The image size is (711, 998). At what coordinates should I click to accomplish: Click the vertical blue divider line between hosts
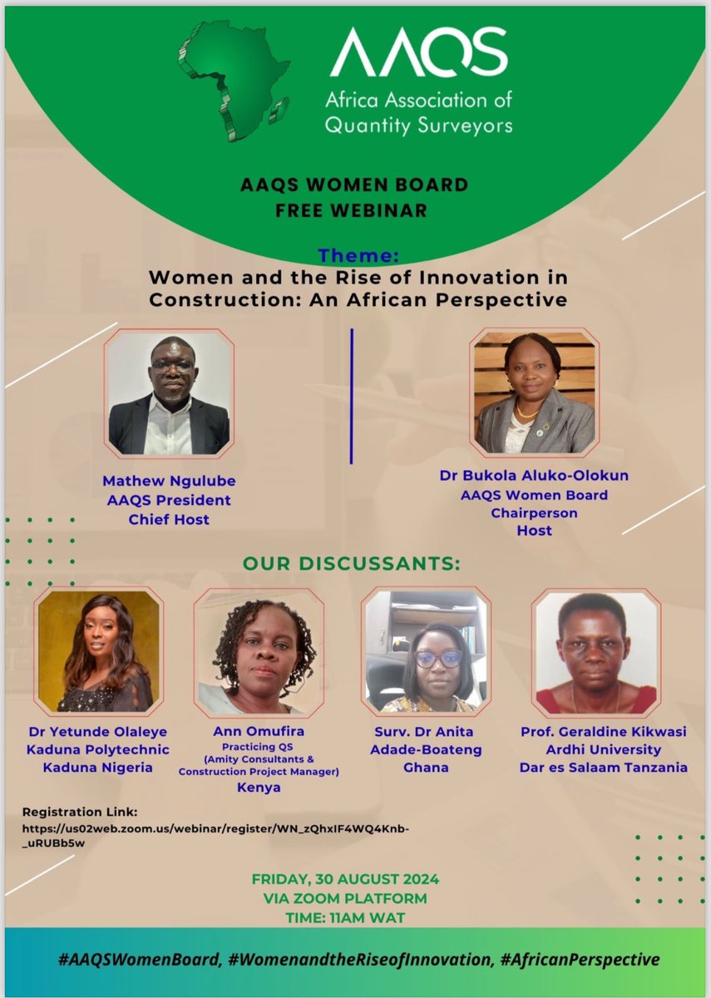[x=352, y=396]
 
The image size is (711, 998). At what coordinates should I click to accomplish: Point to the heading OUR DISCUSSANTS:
[x=351, y=564]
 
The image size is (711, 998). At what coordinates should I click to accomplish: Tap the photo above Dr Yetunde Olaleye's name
[x=99, y=651]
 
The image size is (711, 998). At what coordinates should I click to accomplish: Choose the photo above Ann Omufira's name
[x=259, y=652]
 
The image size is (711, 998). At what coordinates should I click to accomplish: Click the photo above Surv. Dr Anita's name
[x=427, y=652]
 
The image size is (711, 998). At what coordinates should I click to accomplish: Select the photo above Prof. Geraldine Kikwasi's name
[x=595, y=652]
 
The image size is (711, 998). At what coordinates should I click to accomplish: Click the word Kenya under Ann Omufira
[x=259, y=787]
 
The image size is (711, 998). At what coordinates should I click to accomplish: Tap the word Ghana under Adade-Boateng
[x=426, y=767]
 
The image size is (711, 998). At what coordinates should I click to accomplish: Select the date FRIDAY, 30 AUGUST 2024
[x=345, y=880]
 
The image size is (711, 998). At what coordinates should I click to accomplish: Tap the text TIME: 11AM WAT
[x=344, y=916]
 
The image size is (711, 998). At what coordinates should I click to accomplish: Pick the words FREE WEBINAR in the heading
[x=352, y=210]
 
